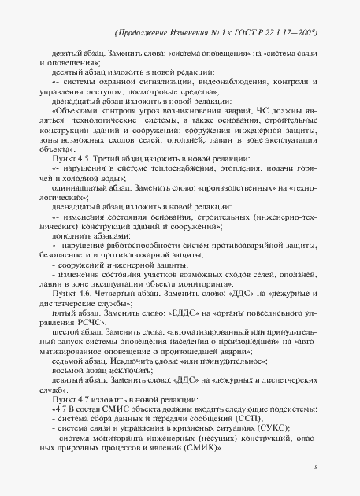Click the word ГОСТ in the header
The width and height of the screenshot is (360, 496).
246,33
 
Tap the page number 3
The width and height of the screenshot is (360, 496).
314,468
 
